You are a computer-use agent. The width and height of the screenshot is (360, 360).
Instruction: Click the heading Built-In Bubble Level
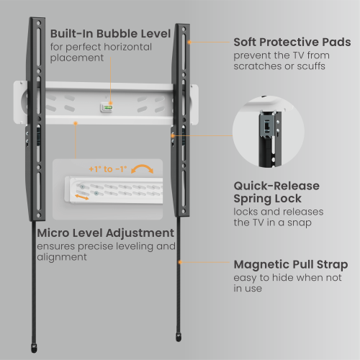point(110,34)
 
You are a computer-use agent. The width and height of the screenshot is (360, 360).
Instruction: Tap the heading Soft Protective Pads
point(292,42)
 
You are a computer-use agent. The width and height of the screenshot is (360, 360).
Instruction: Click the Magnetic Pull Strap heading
point(290,264)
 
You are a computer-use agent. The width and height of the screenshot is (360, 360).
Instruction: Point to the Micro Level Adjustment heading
point(105,233)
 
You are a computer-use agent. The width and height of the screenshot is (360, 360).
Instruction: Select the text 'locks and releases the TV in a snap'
point(278,218)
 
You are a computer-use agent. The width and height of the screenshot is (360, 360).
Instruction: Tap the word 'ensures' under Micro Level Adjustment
point(58,246)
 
